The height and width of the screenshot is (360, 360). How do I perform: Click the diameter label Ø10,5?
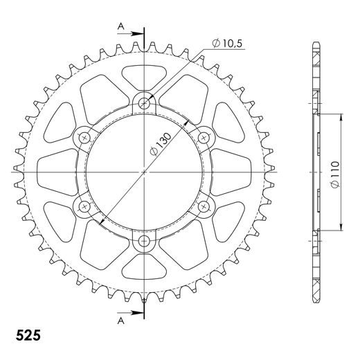tap(228, 44)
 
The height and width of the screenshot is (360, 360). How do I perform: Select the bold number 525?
tap(27, 336)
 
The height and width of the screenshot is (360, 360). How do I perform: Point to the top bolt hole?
tap(144, 102)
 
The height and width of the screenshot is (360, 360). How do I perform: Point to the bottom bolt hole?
tap(144, 241)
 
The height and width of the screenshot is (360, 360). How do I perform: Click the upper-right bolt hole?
tap(204, 137)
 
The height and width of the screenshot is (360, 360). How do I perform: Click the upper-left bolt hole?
tap(84, 137)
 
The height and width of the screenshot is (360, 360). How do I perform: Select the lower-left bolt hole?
tap(84, 206)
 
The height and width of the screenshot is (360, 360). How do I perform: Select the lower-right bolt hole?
tap(204, 206)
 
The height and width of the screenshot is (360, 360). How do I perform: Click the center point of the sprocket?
tap(144, 172)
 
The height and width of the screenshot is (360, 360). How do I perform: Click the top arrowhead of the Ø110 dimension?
tap(342, 117)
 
